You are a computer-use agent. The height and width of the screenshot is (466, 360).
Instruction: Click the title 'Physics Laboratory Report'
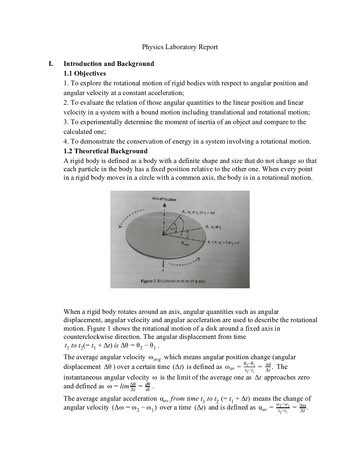click(180, 47)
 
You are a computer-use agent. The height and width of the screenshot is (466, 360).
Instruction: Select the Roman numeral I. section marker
click(51, 64)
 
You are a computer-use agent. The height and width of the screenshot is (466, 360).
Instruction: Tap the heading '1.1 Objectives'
click(85, 74)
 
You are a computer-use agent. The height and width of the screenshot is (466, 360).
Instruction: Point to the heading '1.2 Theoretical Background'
click(106, 151)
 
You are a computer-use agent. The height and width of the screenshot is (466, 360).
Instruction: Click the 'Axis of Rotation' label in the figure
click(164, 199)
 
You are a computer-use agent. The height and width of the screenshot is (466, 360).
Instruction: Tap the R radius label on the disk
click(185, 243)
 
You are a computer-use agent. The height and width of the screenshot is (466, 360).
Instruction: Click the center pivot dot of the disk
click(163, 234)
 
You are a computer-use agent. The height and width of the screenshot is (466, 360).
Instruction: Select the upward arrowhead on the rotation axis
click(164, 206)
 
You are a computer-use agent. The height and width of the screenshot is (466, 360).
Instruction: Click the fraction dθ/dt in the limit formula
click(148, 387)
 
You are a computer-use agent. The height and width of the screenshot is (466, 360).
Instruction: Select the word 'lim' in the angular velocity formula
click(124, 386)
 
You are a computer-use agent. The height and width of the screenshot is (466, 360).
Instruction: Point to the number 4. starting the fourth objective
click(66, 142)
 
